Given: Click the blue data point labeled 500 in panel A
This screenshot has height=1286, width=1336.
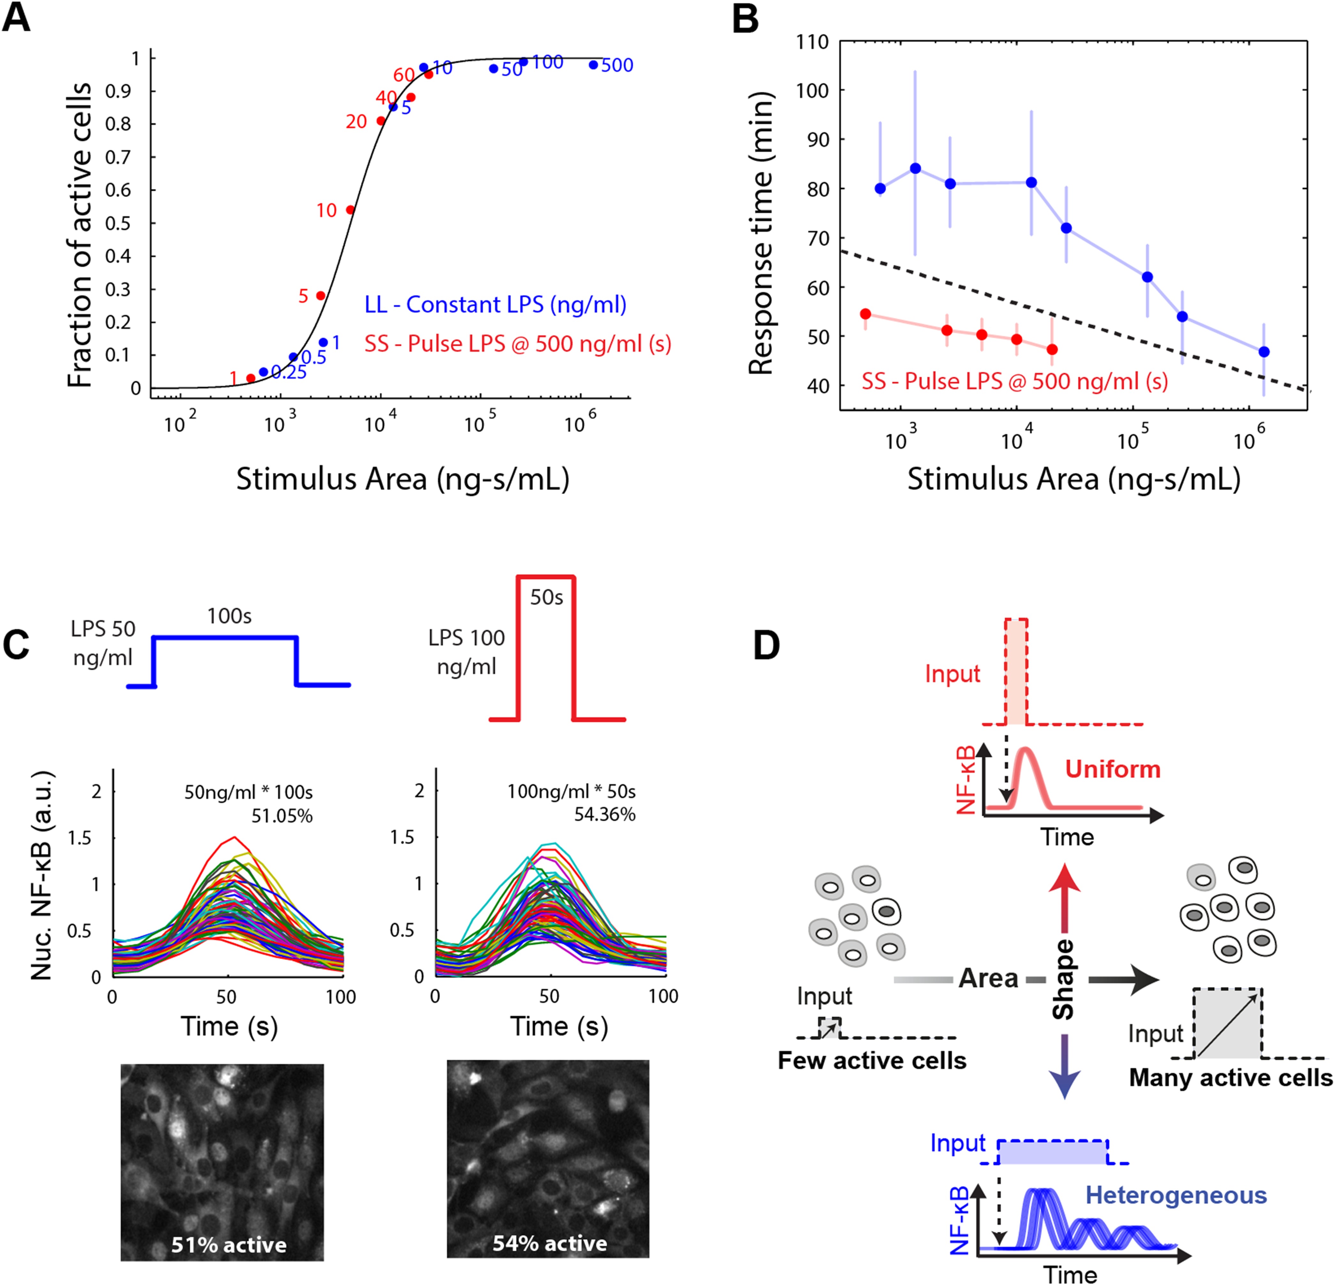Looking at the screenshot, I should [x=593, y=65].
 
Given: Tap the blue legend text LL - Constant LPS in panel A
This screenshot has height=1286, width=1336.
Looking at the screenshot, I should [x=496, y=305].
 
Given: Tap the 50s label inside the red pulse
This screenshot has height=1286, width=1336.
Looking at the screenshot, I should [x=547, y=597].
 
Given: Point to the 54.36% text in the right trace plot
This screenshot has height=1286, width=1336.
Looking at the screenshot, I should [x=604, y=814].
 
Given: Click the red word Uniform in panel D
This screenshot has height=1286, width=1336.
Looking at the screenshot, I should [x=1112, y=769].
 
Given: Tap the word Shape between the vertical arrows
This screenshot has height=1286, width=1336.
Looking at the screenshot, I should [x=1063, y=979].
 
